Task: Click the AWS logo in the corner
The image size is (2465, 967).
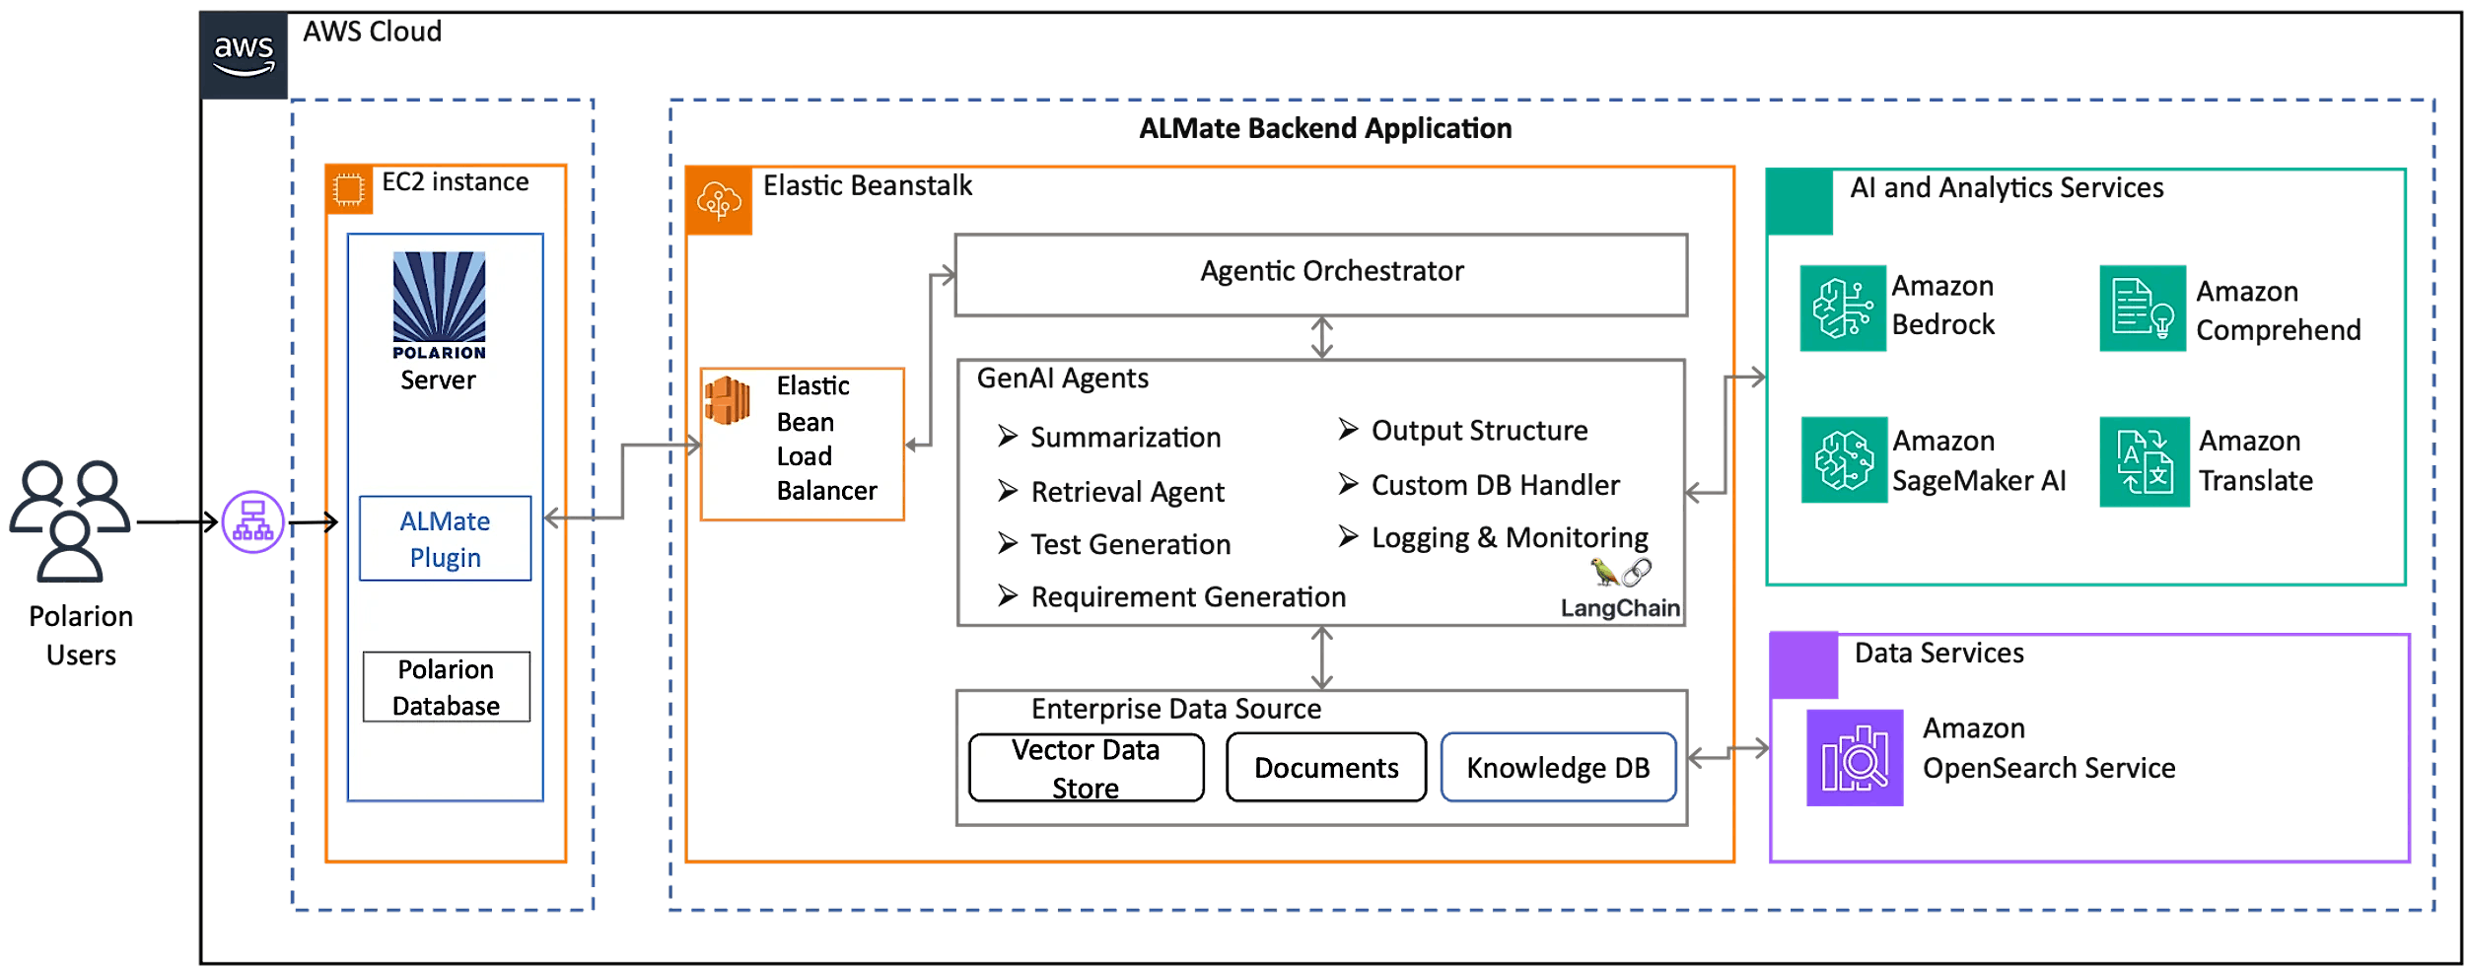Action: [244, 56]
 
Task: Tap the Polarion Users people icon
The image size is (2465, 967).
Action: [70, 520]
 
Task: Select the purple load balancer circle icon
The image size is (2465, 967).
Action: [253, 521]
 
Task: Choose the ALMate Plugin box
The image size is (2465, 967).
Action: [445, 538]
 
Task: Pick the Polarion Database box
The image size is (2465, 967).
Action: [446, 687]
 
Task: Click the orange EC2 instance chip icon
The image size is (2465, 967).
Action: [349, 189]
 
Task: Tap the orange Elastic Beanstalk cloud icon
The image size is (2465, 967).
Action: [719, 201]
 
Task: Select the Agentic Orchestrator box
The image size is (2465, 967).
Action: [1321, 275]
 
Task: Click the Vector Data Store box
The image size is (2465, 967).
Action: [1086, 768]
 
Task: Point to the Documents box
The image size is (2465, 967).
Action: [1326, 768]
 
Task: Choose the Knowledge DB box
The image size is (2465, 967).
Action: [1558, 768]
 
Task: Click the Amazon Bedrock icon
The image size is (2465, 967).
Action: [1843, 309]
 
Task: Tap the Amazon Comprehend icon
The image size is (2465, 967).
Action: [2143, 309]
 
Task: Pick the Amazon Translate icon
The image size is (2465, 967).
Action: [2145, 461]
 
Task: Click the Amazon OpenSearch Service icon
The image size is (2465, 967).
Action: [1855, 757]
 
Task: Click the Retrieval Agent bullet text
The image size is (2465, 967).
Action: [1126, 492]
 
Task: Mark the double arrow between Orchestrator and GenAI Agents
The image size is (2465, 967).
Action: [1321, 337]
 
